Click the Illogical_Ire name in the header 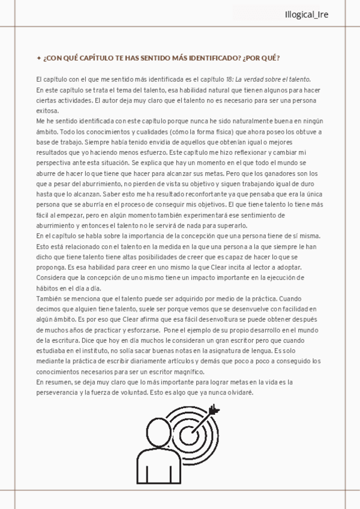(x=307, y=14)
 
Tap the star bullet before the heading (x=38, y=58)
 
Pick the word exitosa (x=47, y=111)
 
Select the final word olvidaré (x=238, y=393)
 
